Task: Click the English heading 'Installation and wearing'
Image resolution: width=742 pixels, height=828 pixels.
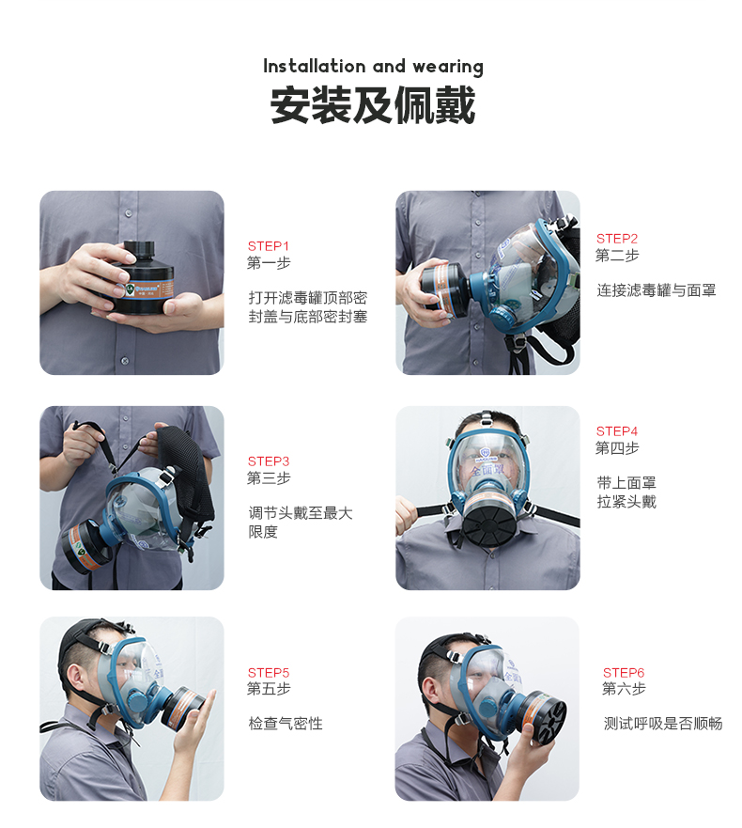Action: tap(373, 67)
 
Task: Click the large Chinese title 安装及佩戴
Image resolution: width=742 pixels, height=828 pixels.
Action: tap(373, 105)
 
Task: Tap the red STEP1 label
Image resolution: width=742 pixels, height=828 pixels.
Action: tap(269, 246)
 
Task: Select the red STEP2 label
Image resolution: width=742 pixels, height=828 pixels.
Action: tap(617, 239)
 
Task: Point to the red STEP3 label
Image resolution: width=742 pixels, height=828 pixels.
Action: tap(269, 461)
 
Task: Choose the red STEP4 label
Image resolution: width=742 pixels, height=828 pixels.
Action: tap(617, 431)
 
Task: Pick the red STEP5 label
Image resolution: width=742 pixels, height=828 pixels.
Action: tap(269, 673)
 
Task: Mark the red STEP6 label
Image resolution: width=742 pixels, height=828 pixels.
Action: tap(624, 673)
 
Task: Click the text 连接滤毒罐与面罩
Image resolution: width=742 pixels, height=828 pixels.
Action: tap(656, 290)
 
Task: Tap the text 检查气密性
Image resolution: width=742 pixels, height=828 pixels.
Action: tap(286, 724)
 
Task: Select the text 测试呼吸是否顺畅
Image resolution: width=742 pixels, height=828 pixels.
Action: tap(663, 724)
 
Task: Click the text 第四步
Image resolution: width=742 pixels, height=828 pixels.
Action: tap(617, 448)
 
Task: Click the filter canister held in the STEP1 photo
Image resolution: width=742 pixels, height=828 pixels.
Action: tap(141, 279)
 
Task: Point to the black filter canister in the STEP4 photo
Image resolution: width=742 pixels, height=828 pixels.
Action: tap(488, 522)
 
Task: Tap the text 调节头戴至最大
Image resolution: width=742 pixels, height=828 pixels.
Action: tap(301, 513)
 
